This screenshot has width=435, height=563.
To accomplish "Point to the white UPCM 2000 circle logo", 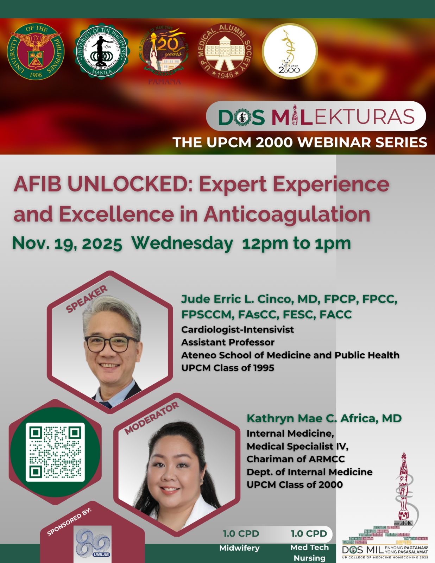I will coord(290,51).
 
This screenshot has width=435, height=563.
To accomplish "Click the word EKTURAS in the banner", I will coord(364,116).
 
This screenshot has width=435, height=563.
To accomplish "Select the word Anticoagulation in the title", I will coord(287,214).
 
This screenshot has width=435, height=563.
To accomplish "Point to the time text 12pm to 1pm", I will coord(297,243).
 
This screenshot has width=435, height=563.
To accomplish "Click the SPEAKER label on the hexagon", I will coord(87,299).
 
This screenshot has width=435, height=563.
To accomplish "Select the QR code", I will coord(55,452).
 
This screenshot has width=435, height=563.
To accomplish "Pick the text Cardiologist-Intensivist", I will coord(237,330).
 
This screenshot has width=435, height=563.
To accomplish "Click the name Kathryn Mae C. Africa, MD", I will coord(324,418).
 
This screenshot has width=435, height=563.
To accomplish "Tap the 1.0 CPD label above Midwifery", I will coord(241,534).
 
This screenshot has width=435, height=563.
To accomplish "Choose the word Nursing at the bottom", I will coord(309,558).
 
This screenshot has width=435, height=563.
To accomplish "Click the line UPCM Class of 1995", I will coord(227,368).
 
